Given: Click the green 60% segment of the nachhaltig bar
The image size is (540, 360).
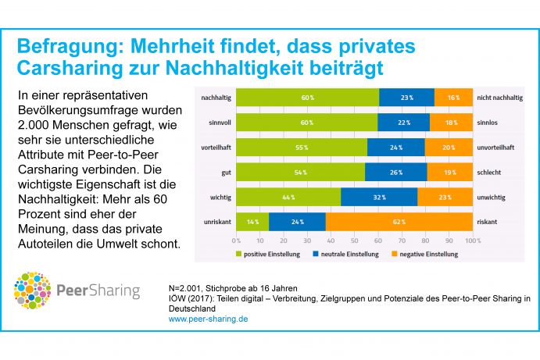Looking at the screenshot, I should [x=306, y=97].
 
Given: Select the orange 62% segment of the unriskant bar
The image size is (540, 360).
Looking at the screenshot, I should [x=399, y=222].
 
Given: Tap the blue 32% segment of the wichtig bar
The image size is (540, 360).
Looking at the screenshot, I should [x=379, y=197].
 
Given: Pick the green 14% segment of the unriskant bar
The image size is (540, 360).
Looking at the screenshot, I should [x=252, y=222].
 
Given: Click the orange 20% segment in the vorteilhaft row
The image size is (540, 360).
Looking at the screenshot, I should [x=449, y=147].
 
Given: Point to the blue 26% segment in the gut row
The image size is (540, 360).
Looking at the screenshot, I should [x=395, y=172].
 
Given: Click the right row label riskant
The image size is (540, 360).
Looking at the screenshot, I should [x=487, y=222].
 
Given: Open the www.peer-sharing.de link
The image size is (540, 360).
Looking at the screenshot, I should [x=209, y=319].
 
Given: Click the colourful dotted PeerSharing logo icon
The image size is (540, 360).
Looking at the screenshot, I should [x=31, y=291].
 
